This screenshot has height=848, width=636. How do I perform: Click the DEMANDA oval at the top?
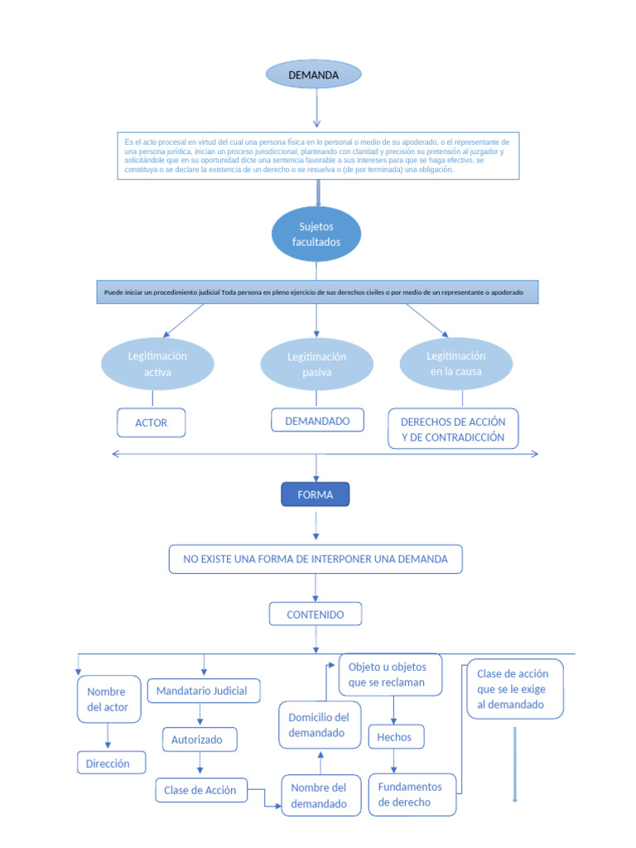313,75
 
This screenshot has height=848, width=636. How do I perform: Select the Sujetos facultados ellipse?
316,234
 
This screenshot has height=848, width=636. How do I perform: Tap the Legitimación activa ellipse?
157,364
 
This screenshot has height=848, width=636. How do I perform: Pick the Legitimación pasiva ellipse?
316,364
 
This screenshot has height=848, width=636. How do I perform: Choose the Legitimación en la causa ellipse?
455,364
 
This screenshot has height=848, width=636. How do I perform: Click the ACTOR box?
151,422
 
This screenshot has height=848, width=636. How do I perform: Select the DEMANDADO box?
317,421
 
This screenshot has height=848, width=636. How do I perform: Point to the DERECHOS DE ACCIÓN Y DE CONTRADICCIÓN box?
452,429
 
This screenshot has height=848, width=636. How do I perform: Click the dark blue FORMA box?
315,494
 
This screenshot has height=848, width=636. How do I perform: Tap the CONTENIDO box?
315,614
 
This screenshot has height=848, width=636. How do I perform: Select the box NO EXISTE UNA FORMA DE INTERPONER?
316,559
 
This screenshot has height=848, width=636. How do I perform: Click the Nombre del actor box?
108,699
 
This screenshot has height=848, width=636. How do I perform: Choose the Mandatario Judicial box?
202,690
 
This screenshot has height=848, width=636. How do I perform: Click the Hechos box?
394,736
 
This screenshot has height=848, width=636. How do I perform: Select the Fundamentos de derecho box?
411,794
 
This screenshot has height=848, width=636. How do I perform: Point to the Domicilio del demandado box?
319,725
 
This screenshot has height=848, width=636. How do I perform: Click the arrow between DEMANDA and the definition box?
316,108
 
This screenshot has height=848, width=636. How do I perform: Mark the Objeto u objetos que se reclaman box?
390,674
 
